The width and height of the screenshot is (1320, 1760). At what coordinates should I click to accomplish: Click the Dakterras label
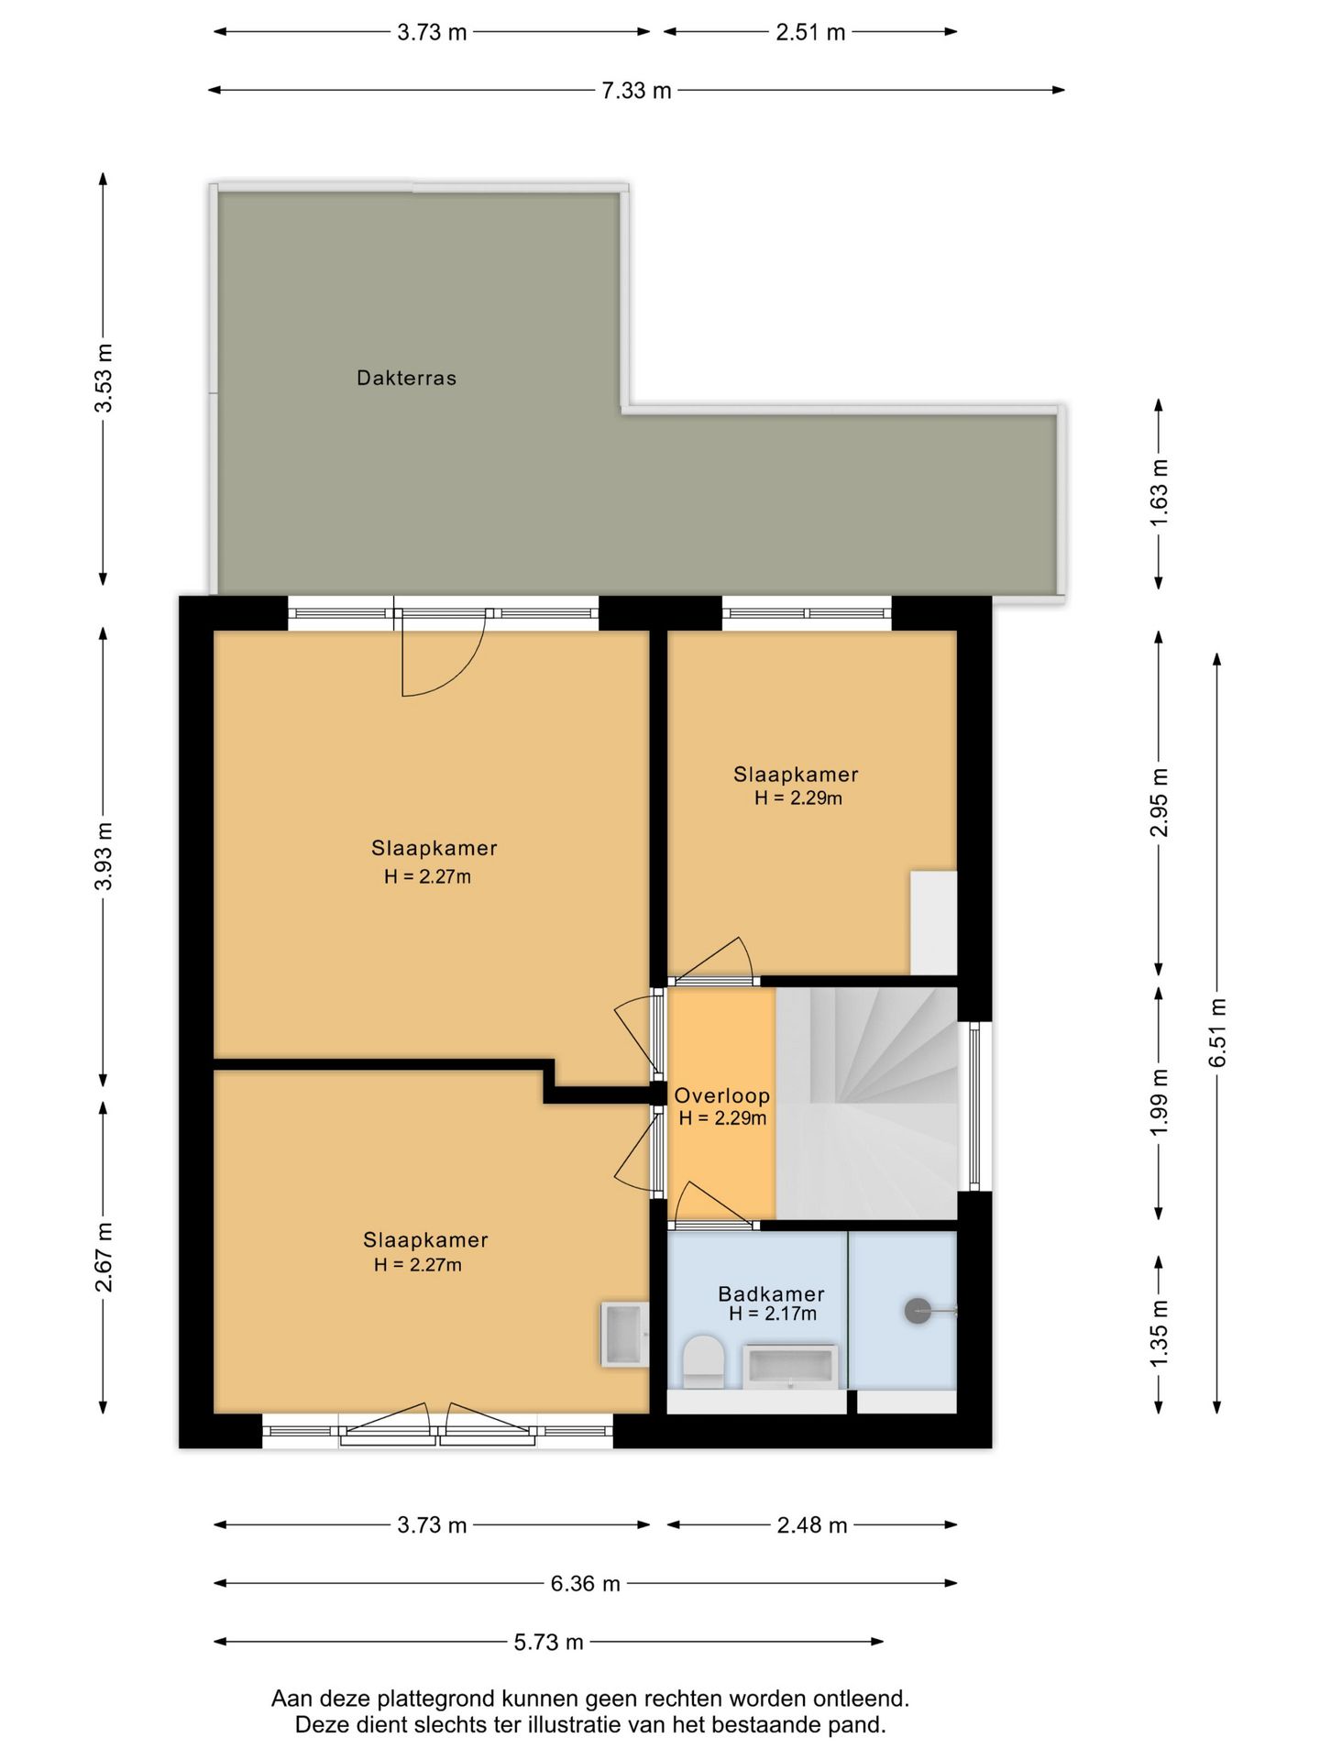point(406,378)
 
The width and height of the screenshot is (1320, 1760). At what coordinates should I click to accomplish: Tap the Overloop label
point(721,1095)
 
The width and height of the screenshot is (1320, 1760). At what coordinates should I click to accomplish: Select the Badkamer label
point(771,1293)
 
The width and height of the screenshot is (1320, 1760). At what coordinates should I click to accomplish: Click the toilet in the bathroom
point(703,1361)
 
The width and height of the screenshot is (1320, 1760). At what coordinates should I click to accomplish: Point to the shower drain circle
point(918,1312)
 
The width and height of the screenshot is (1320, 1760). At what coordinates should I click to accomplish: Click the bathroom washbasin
point(789,1367)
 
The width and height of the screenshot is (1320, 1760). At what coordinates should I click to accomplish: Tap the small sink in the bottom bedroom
point(625,1335)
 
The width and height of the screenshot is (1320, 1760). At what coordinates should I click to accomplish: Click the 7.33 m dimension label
point(636,91)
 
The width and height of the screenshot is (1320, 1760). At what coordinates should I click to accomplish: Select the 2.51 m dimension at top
point(810,32)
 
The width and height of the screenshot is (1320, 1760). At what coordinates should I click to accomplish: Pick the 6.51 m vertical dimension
point(1217,1032)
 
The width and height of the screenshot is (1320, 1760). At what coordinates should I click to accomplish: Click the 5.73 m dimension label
point(548,1642)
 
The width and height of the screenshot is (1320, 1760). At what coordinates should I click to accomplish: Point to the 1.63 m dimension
point(1159,492)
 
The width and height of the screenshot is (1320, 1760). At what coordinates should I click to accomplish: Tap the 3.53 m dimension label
point(104,378)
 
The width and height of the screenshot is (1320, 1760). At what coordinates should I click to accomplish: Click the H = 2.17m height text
point(773,1314)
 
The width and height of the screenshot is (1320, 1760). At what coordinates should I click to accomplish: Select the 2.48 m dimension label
point(812,1525)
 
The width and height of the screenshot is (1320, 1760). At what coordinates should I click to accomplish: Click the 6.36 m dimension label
point(585,1583)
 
